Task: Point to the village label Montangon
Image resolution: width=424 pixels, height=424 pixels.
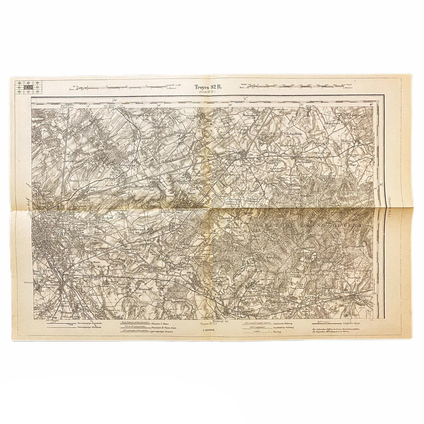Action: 251,115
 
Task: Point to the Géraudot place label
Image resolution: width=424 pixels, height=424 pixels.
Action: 226,218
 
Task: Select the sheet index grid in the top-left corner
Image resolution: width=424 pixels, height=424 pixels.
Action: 29,87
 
